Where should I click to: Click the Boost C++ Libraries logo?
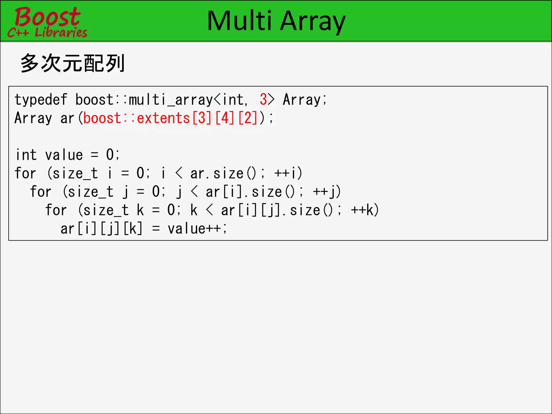click(47, 22)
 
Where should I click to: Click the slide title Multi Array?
click(276, 21)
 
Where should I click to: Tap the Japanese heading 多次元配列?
click(72, 63)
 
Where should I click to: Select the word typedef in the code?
click(41, 100)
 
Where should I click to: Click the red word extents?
click(163, 118)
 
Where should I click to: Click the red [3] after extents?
click(202, 118)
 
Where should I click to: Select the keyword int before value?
click(26, 155)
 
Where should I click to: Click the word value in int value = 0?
click(64, 155)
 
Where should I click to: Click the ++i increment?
click(288, 173)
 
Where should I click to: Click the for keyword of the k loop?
click(56, 210)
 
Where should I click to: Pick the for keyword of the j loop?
click(40, 192)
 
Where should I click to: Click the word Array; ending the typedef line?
click(305, 100)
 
